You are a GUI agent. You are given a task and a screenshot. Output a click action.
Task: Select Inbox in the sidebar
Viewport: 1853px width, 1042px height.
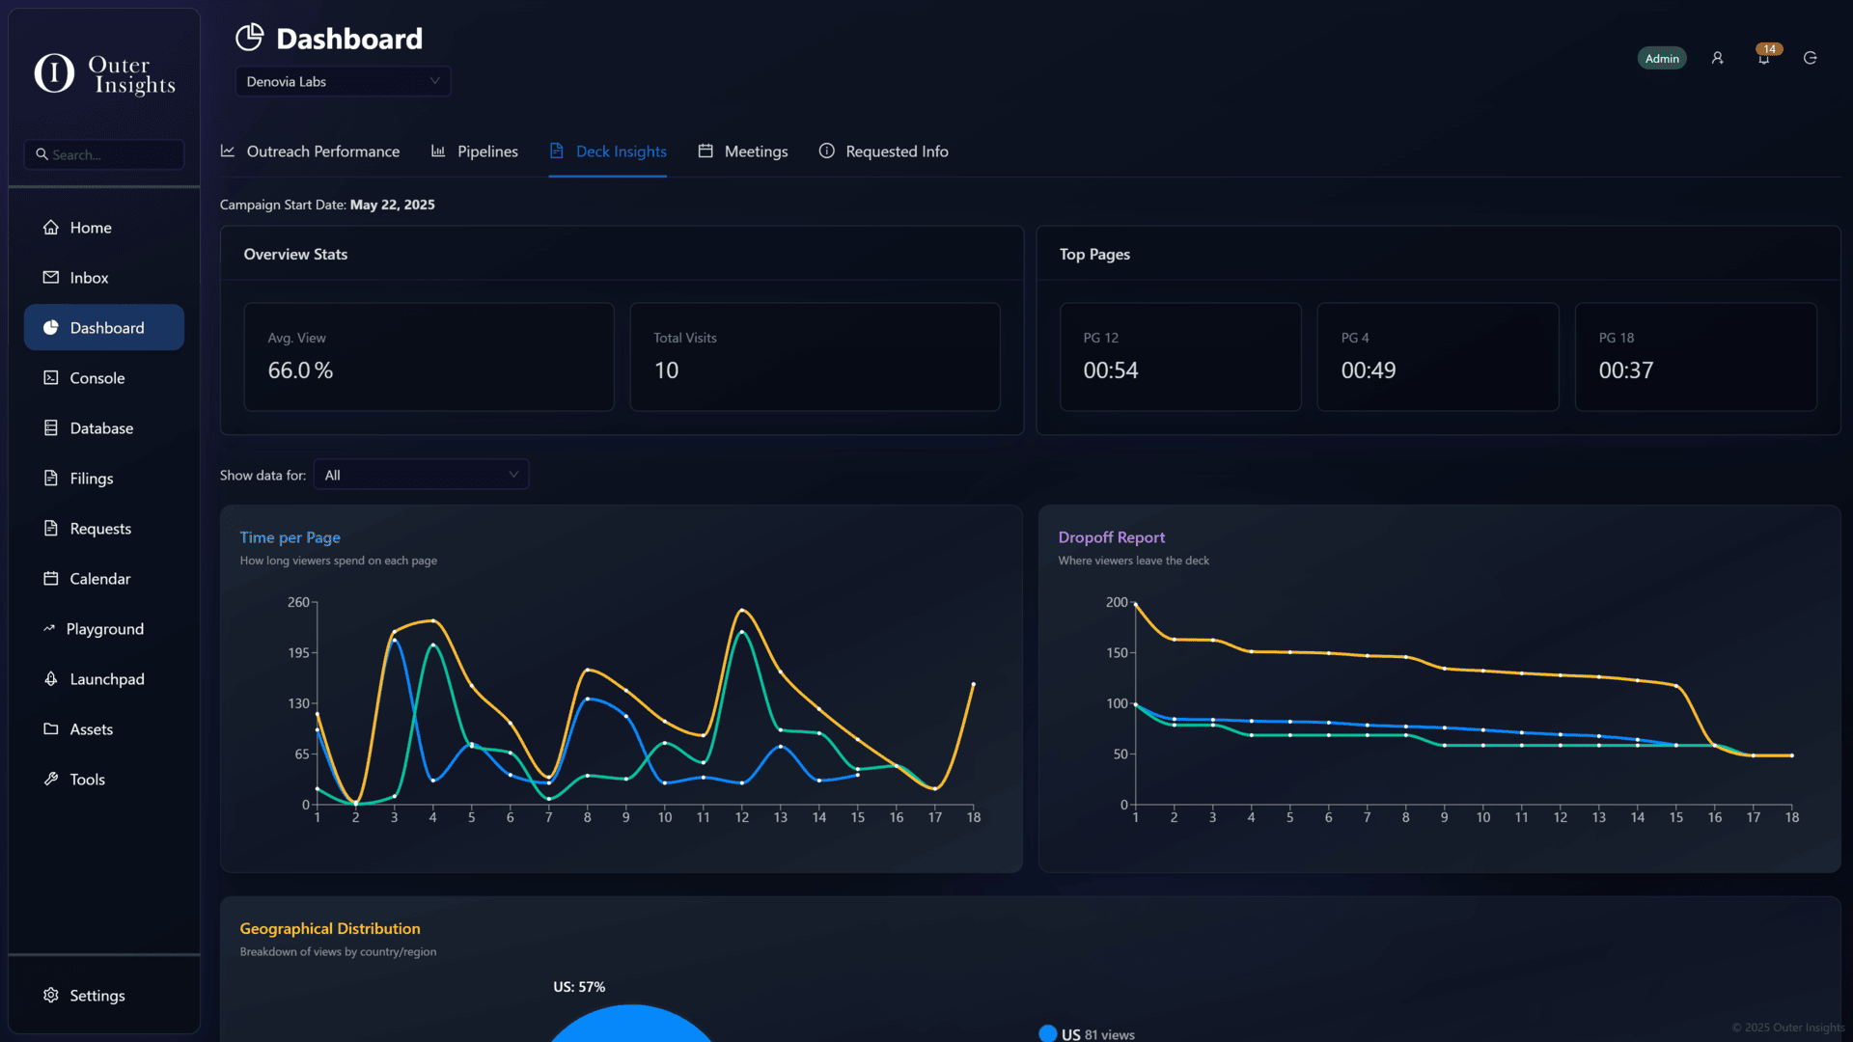[89, 278]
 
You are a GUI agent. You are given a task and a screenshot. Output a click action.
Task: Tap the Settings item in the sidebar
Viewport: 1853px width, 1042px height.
[97, 996]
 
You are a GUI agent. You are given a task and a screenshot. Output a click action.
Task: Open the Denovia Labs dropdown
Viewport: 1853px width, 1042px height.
[343, 81]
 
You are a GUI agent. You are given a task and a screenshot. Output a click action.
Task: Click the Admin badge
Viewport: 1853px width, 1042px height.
[1662, 59]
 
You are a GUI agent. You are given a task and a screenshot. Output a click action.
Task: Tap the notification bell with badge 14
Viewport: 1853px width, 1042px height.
[1764, 59]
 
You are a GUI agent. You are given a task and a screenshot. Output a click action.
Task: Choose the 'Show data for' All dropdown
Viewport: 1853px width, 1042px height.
[421, 475]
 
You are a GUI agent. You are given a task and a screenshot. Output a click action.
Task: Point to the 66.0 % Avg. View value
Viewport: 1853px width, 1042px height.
[300, 370]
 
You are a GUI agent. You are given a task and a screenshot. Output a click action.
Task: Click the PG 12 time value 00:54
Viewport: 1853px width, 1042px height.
[1111, 370]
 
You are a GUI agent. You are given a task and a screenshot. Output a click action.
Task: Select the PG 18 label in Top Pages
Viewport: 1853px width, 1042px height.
[1617, 338]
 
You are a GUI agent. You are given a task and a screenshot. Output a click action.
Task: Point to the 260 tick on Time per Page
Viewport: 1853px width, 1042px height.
[298, 602]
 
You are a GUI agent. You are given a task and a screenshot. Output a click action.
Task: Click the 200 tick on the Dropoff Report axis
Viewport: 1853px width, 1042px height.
[1117, 602]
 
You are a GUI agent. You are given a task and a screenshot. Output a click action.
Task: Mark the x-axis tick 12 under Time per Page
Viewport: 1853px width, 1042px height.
[742, 817]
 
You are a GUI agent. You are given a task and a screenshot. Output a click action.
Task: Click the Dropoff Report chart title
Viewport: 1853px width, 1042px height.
[1112, 537]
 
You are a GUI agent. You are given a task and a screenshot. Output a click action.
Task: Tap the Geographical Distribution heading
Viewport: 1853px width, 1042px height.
[330, 928]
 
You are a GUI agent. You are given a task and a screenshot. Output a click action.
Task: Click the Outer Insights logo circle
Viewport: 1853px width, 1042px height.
[54, 73]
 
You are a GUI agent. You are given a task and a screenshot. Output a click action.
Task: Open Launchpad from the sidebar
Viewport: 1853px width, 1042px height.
[106, 679]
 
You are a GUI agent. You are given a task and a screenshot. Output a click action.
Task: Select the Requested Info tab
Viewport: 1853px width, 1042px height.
[896, 151]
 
